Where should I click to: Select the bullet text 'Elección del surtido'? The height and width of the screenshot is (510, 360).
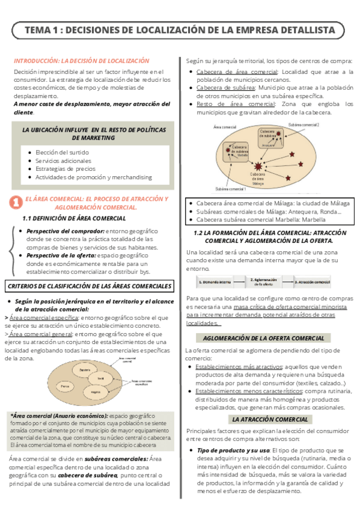click(x=61, y=152)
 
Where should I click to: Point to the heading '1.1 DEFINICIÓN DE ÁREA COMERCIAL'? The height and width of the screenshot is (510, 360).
click(x=74, y=218)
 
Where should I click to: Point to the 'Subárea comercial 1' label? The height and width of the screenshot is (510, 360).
click(x=230, y=189)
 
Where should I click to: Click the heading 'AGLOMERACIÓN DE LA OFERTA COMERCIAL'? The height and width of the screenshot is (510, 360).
click(x=269, y=338)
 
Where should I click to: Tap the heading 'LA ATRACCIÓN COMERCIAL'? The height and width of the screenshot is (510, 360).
click(x=270, y=419)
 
